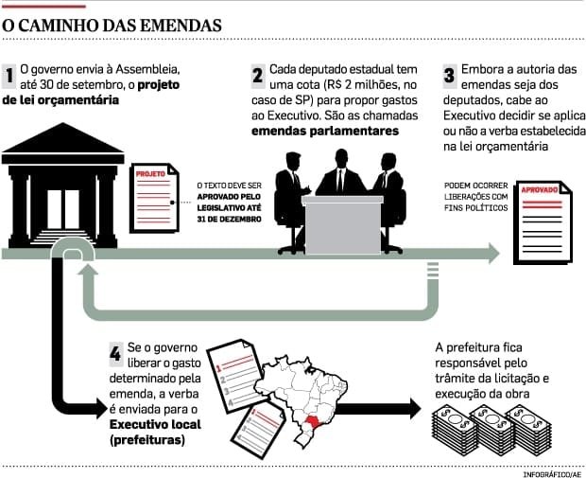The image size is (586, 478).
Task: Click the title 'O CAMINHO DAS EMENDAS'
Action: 112,22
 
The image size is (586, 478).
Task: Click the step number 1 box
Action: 9,76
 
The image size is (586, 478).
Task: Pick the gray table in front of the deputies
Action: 341,224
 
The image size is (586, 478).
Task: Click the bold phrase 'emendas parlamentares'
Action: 325,132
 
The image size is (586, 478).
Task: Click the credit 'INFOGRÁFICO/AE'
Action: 552,470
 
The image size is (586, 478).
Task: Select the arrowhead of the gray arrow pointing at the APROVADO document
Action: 491,253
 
